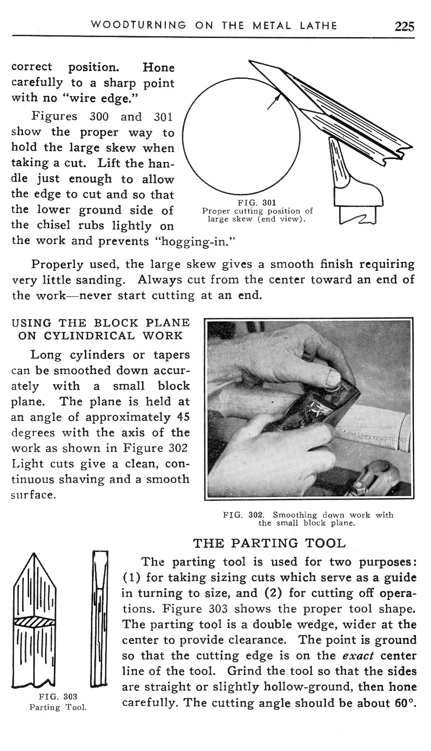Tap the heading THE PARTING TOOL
click(270, 543)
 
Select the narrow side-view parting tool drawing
click(99, 620)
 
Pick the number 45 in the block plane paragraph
click(183, 417)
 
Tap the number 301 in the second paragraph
click(164, 116)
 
